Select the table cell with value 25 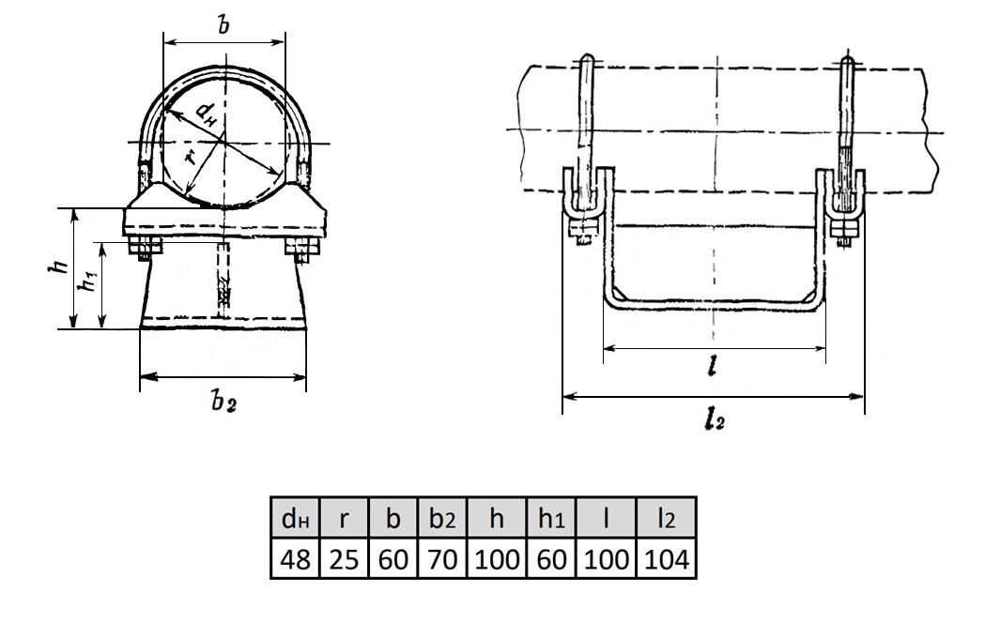[x=345, y=560]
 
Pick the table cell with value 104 [x=666, y=560]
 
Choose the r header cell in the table [x=345, y=519]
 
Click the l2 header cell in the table [x=666, y=519]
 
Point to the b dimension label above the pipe [x=223, y=25]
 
